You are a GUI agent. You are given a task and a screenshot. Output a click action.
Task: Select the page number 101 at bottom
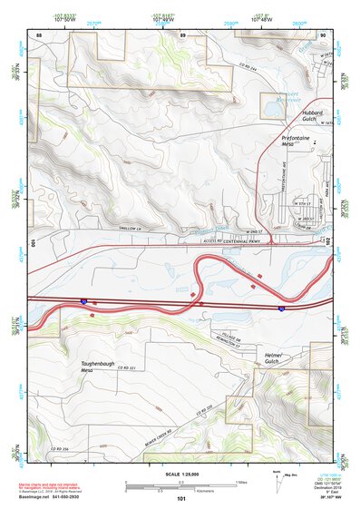tap(181, 499)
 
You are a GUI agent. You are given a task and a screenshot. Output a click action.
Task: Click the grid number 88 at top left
tap(39, 34)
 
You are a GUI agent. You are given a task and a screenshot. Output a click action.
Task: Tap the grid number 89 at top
tap(182, 34)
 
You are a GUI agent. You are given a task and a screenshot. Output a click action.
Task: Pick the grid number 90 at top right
tap(323, 34)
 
